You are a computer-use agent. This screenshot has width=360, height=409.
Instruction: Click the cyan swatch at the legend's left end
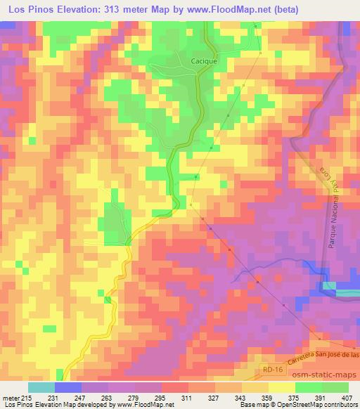pyautogui.click(x=41, y=387)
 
